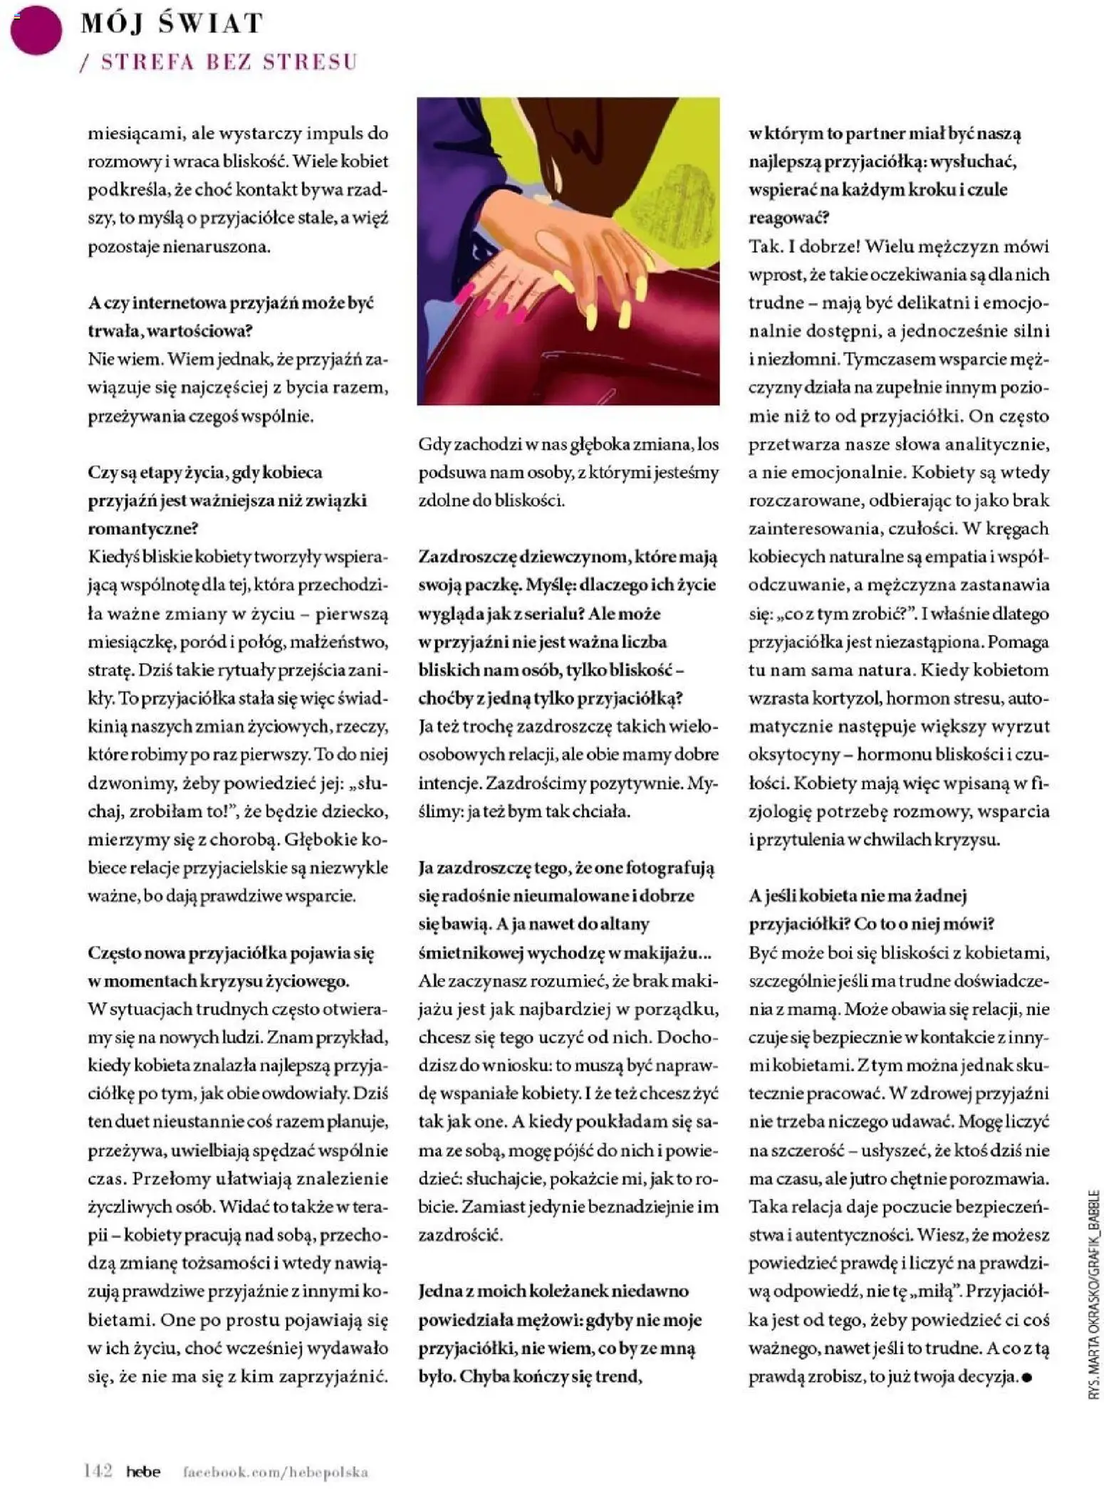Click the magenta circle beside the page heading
coord(35,30)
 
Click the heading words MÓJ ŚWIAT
coord(172,23)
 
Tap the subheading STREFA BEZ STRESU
coord(228,62)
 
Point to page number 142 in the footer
coord(98,1471)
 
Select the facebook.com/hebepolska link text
coord(276,1471)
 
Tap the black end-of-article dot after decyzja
coord(1026,1377)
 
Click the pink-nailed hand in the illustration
coord(491,292)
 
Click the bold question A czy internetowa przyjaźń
coord(231,303)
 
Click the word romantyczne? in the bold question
coord(142,528)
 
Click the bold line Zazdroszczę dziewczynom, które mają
coord(568,557)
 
